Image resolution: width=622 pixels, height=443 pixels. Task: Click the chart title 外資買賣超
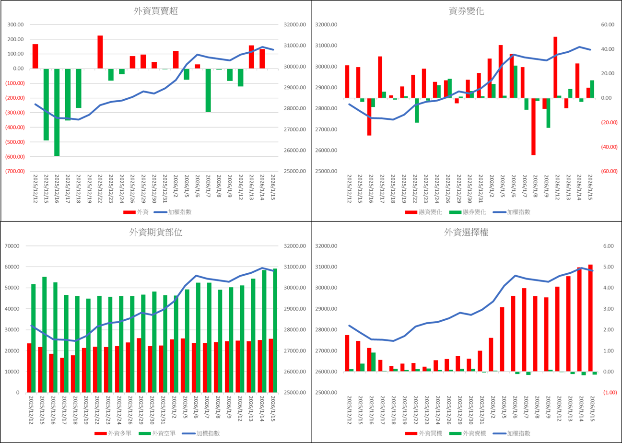coord(156,12)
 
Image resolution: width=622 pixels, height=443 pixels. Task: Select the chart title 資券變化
coord(467,12)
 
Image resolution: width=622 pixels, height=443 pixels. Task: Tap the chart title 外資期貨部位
coord(156,233)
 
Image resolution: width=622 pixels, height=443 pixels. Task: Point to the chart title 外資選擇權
coord(467,233)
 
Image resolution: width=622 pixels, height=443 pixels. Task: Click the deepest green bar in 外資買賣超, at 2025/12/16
coord(57,112)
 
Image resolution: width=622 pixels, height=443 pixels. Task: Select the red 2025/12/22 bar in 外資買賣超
coord(100,52)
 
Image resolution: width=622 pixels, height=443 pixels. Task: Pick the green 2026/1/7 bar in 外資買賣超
coord(208,90)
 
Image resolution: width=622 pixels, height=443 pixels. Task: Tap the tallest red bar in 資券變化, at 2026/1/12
coord(555,67)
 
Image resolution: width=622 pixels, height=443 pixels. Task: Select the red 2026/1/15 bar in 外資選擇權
coord(590,318)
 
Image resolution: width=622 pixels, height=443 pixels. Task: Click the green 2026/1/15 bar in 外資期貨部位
coord(275,330)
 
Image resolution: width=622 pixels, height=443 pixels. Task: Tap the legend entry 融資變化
coord(424,212)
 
